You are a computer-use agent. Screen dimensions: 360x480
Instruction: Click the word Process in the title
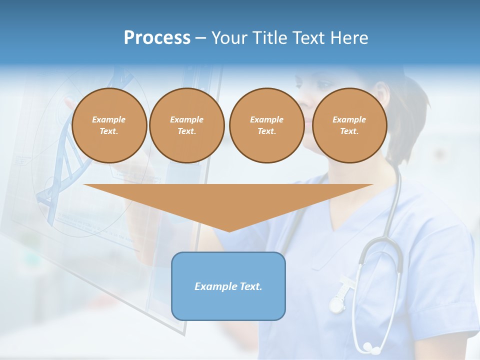[x=157, y=37]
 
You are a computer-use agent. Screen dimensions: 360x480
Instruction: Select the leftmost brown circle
[x=109, y=125]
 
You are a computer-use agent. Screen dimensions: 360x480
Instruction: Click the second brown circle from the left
[x=186, y=125]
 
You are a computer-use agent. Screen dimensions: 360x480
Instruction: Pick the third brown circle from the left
[x=266, y=125]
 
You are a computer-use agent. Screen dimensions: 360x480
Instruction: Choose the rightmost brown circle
[x=349, y=125]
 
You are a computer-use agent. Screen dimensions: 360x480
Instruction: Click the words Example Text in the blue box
[x=228, y=286]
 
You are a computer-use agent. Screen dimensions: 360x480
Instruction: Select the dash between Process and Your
[x=201, y=38]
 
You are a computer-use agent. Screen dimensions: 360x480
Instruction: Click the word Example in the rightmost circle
[x=349, y=119]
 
